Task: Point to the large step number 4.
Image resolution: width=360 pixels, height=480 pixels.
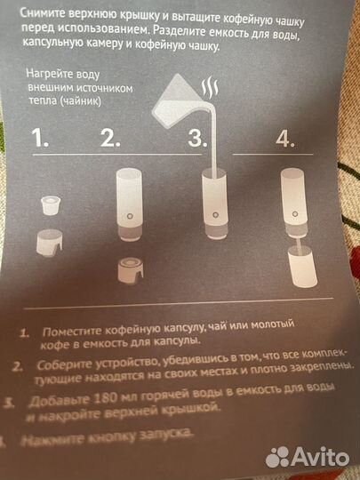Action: pyautogui.click(x=284, y=139)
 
